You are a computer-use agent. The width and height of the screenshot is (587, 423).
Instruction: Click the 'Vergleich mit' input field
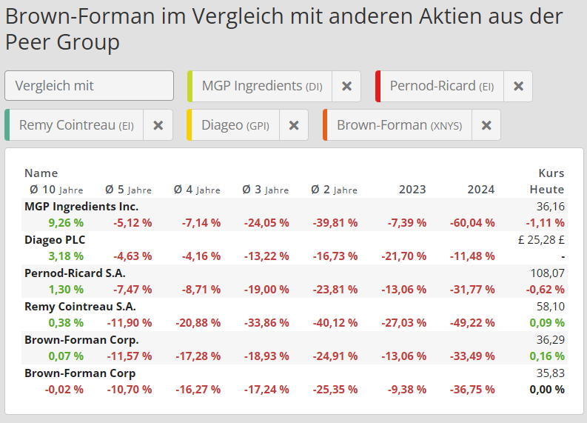click(89, 86)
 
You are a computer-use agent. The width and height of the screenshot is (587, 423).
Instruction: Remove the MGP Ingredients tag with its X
click(346, 87)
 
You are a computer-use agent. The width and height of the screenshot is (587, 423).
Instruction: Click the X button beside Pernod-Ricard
click(518, 87)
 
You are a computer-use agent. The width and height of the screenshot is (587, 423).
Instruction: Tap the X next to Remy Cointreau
click(158, 125)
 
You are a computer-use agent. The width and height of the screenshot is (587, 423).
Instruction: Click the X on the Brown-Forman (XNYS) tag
click(486, 125)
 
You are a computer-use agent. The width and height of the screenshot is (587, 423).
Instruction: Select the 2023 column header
click(412, 190)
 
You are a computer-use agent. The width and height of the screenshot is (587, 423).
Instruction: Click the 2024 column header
click(480, 190)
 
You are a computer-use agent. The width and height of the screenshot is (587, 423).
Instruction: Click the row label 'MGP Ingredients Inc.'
click(81, 207)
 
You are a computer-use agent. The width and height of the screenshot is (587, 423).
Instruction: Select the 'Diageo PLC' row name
click(55, 240)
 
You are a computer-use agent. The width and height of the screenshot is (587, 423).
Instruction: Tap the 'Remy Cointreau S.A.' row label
click(80, 306)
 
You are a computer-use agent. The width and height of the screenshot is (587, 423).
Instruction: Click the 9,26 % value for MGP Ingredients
click(66, 222)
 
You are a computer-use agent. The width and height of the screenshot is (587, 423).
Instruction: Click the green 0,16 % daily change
click(548, 356)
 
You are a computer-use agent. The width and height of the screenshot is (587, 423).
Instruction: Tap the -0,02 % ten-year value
click(64, 389)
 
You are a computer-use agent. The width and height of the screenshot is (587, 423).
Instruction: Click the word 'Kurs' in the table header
click(551, 173)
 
